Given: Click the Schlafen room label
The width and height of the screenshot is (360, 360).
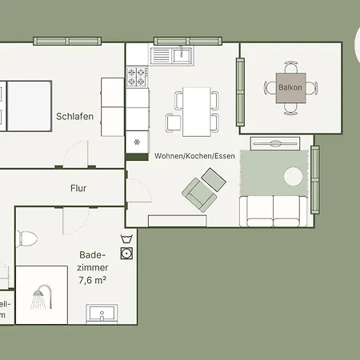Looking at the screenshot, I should tap(75, 116).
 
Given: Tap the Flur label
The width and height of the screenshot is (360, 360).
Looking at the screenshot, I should tap(78, 189).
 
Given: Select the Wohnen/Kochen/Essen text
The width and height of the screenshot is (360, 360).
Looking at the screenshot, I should tap(194, 155).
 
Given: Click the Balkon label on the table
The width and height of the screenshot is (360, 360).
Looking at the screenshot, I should tap(290, 84).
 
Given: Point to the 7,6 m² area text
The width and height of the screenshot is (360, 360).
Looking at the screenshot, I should tap(93, 281).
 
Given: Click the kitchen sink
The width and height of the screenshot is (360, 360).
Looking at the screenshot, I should tap(181, 54).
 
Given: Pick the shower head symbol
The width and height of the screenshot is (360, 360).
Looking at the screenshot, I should tap(37, 300).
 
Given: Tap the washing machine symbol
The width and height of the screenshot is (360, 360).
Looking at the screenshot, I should tap(126, 254).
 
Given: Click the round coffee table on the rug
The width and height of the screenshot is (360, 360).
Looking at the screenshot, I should tap(293, 175).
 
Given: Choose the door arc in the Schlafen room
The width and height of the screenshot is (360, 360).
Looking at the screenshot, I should tap(76, 152).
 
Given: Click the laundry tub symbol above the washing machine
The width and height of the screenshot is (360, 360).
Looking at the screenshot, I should tap(126, 239).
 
